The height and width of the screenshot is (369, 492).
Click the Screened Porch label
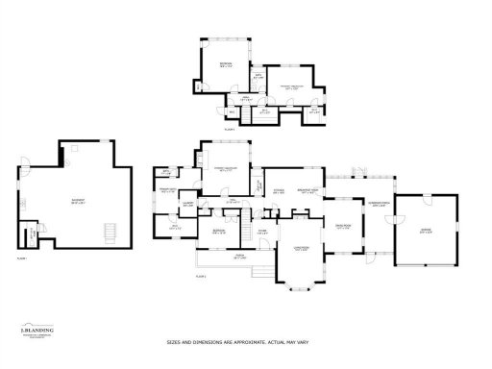379,206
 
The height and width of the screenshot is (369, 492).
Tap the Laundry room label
189,205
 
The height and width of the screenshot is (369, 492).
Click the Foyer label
261,231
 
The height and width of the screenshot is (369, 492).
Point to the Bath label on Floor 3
258,77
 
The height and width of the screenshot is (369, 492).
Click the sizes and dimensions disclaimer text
246,341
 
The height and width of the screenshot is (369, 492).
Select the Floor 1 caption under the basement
21,258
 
